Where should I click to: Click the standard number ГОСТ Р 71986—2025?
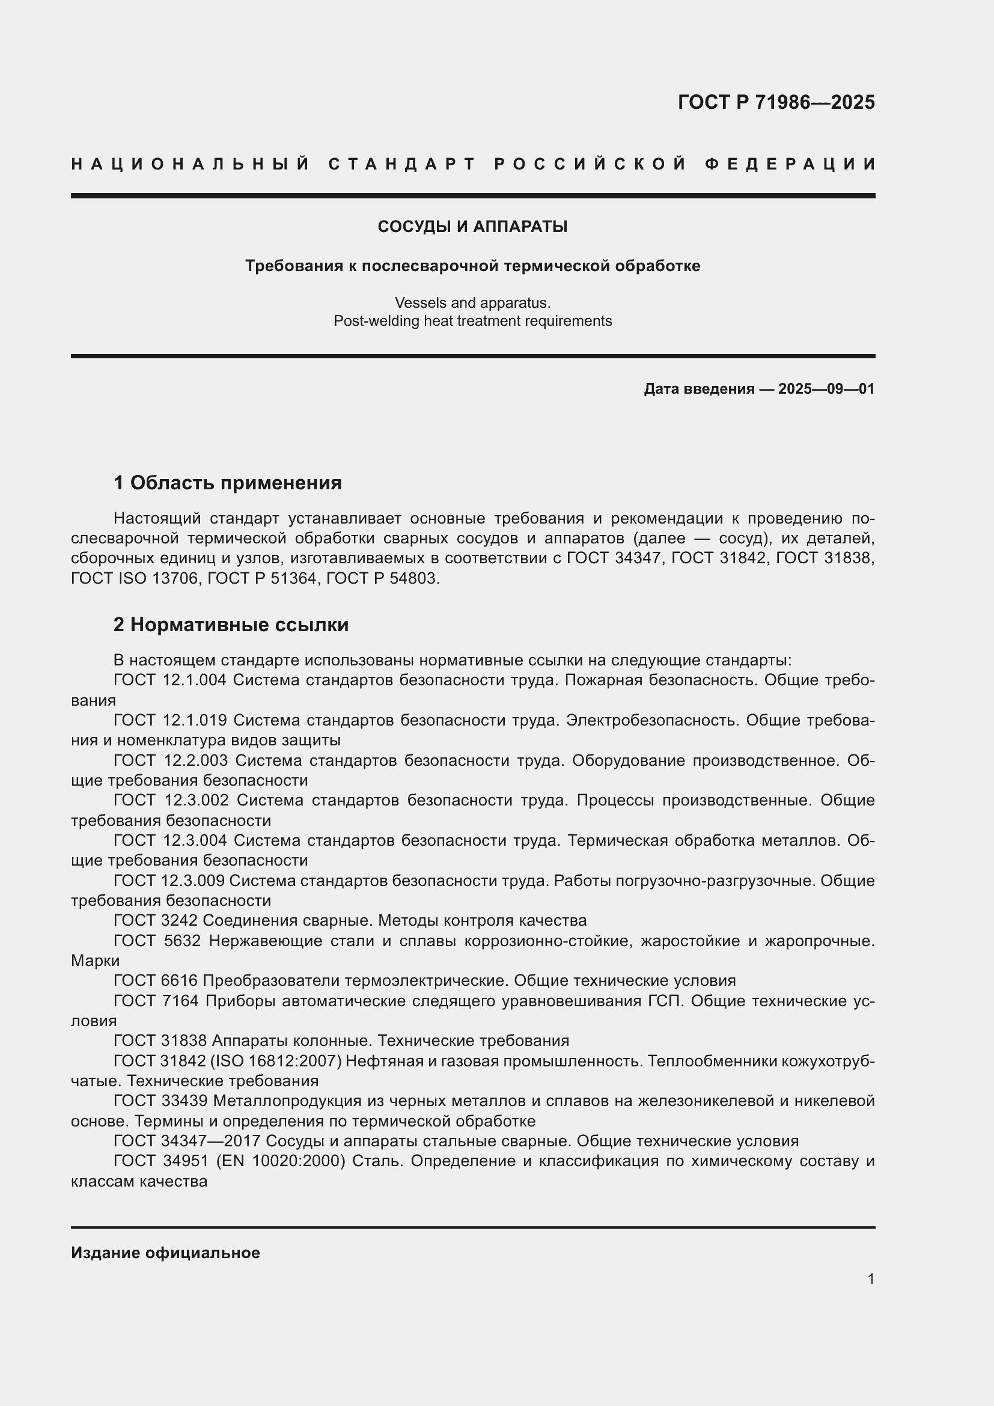[x=775, y=102]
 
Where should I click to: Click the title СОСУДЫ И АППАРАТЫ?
[x=472, y=227]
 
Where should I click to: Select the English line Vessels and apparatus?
[x=472, y=302]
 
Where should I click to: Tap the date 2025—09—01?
[x=826, y=389]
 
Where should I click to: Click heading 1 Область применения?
[x=227, y=483]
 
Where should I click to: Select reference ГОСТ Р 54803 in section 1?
[x=382, y=578]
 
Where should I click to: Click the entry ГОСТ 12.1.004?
[x=170, y=680]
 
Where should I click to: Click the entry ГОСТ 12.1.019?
[x=170, y=720]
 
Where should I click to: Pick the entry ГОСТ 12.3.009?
[x=170, y=881]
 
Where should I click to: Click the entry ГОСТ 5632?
[x=157, y=941]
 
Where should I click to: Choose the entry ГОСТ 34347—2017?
[x=188, y=1141]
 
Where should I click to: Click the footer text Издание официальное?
[x=165, y=1253]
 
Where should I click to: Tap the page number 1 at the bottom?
[x=870, y=1279]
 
